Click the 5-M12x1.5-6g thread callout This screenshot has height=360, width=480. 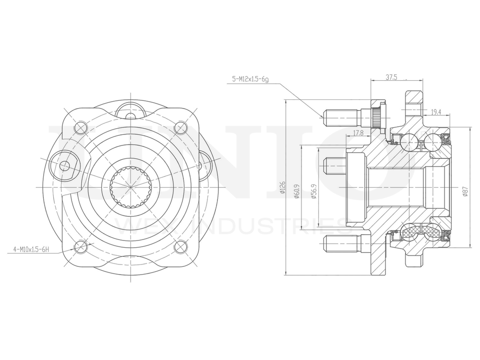tap(250, 79)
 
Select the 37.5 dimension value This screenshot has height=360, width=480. tap(392, 76)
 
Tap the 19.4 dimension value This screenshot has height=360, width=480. tap(436, 112)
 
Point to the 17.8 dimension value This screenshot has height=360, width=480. tap(358, 132)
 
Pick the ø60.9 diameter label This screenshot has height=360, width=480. tap(298, 191)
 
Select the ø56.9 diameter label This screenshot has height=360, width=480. tap(313, 191)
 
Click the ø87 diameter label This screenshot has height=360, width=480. tap(465, 192)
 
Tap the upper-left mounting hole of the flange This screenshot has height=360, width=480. tap(81, 127)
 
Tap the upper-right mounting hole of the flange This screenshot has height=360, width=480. tap(180, 127)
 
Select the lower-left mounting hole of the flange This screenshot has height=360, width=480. tap(80, 247)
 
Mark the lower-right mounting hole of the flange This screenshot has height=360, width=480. tap(180, 247)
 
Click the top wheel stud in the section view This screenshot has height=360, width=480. tap(341, 116)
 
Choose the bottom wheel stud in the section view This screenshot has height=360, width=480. tap(341, 244)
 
